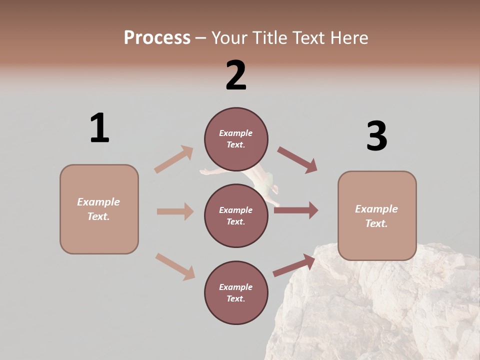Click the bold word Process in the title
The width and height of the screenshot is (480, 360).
click(157, 37)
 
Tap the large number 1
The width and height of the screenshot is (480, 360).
click(99, 128)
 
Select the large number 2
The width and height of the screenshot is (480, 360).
click(236, 75)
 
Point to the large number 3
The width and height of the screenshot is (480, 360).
click(376, 136)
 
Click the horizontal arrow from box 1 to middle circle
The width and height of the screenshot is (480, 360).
click(175, 211)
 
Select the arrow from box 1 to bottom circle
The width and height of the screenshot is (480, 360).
click(175, 266)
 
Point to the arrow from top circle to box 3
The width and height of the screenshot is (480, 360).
click(297, 160)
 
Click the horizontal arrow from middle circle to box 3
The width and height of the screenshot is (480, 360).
click(296, 210)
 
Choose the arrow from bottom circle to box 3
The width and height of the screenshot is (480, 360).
click(294, 265)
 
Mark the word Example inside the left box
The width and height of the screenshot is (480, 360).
click(98, 201)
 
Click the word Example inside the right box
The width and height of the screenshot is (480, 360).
click(376, 208)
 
